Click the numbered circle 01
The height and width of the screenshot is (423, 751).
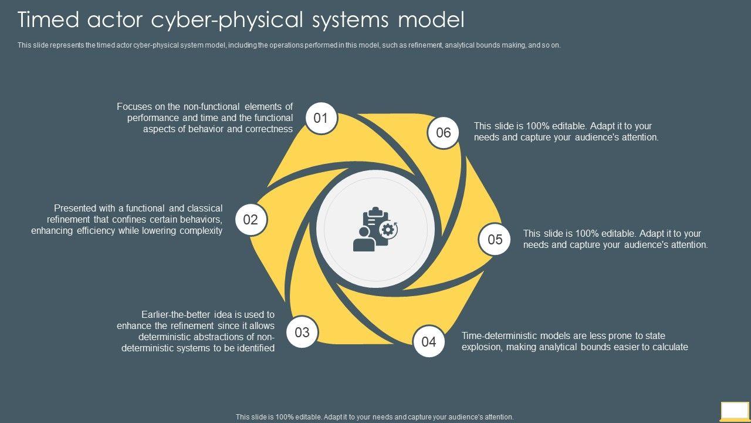point(321,118)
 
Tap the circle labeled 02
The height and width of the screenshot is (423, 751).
point(251,220)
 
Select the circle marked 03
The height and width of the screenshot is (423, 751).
point(302,333)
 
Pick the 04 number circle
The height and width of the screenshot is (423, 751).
point(429,342)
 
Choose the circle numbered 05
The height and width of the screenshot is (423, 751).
point(495,239)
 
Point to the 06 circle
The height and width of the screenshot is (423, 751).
point(444,133)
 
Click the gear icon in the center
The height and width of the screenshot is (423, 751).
point(387,229)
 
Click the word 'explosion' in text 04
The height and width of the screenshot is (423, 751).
point(482,347)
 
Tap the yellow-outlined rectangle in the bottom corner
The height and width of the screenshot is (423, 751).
point(735,410)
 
